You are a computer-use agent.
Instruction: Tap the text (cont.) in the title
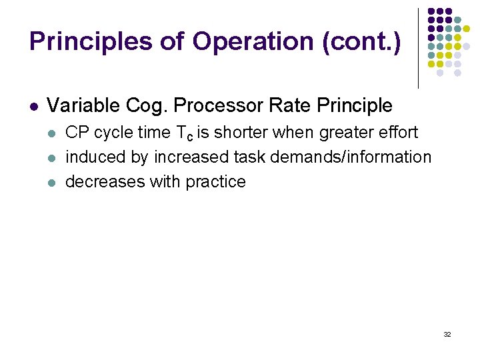[x=361, y=41]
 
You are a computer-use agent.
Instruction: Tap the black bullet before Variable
[x=33, y=106]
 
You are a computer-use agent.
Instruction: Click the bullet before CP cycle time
[x=52, y=133]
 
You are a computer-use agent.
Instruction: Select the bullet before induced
[x=52, y=158]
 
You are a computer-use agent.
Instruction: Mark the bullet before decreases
[x=52, y=182]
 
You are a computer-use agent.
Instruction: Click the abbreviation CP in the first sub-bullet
[x=77, y=133]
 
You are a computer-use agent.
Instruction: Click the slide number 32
[x=447, y=333]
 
